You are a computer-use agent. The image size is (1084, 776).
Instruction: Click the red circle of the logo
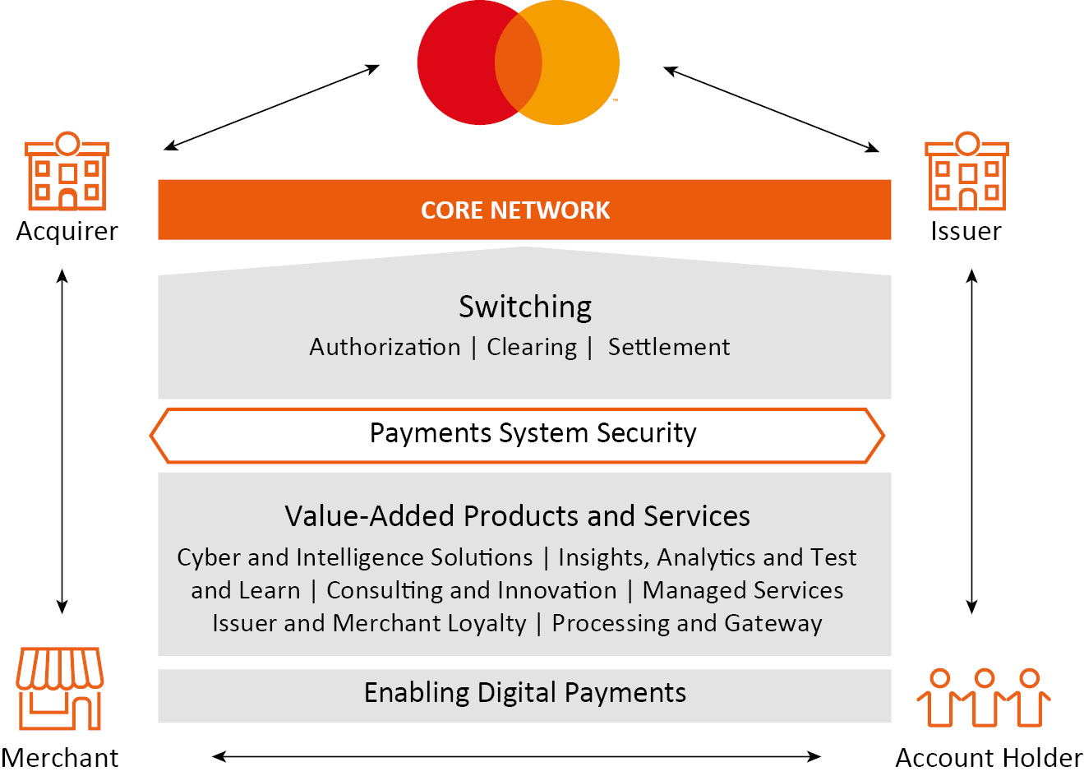[x=456, y=62]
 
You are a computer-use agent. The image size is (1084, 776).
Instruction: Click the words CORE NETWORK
[x=515, y=210]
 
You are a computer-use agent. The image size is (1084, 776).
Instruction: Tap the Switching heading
[x=525, y=307]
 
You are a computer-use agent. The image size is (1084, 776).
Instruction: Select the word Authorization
[x=385, y=347]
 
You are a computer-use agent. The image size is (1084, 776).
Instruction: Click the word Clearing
[x=532, y=347]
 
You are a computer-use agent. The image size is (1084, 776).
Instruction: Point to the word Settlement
[x=668, y=347]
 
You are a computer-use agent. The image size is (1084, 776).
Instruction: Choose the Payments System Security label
[x=533, y=433]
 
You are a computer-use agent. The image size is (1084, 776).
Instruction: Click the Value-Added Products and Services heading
[x=517, y=516]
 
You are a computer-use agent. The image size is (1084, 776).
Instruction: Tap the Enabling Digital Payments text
[x=524, y=693]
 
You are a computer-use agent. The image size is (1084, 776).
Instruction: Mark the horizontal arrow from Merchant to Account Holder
[x=516, y=756]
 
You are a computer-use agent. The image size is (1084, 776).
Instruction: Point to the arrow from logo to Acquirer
[x=271, y=108]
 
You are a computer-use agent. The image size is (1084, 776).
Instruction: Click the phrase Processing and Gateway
[x=686, y=623]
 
